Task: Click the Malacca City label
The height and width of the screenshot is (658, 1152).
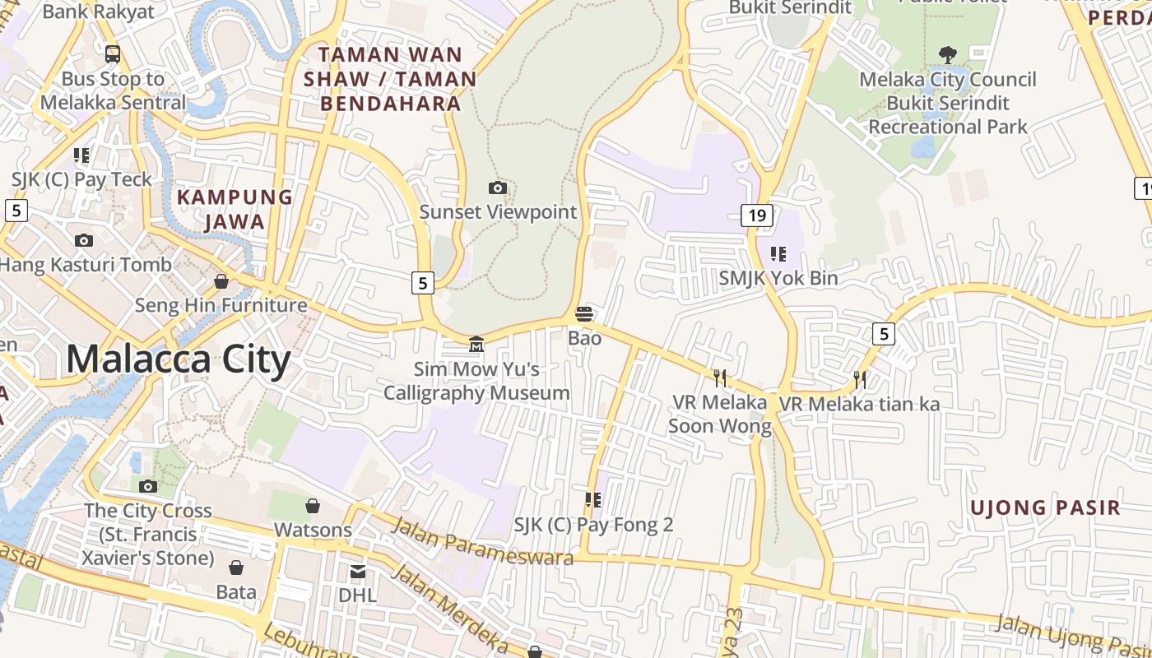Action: point(178,360)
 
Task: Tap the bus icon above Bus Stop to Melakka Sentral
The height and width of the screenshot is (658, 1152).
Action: point(113,54)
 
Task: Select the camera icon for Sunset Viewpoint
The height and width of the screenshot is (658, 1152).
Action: point(498,188)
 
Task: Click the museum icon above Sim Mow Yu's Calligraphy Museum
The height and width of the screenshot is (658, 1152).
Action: point(476,343)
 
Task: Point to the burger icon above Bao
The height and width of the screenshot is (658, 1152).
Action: point(584,313)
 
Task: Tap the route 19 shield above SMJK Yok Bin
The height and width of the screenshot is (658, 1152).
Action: point(757,215)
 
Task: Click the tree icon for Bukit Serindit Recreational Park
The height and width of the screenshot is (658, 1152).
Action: point(948,55)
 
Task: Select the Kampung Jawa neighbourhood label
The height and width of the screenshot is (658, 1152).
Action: point(235,209)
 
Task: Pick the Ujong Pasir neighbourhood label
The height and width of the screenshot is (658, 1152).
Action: point(1045,507)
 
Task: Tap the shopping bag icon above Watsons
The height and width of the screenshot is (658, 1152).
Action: point(313,505)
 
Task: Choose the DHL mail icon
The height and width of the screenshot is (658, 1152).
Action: point(358,572)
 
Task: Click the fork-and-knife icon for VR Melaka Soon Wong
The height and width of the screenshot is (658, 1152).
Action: point(720,378)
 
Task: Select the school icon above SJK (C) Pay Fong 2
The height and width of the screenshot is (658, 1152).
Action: point(593,499)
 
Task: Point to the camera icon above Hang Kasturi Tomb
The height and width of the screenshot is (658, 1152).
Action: point(84,240)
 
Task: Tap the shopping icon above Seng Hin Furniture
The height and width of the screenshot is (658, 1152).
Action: point(221,281)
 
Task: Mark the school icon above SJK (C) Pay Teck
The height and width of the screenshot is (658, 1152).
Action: point(81,155)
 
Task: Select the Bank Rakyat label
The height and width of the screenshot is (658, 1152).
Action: point(98,12)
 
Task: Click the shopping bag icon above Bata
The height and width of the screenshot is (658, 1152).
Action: point(236,568)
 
